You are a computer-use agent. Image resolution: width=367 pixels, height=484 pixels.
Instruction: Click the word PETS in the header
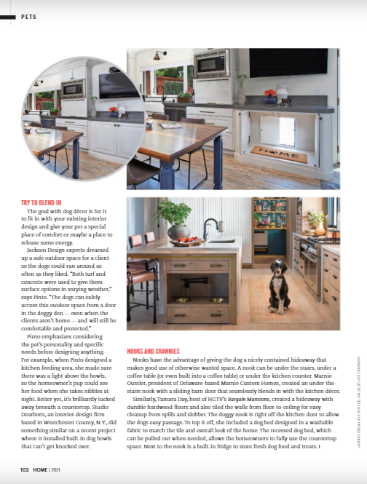click(x=29, y=15)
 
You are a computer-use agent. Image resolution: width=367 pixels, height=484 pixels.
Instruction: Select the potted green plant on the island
click(x=173, y=216)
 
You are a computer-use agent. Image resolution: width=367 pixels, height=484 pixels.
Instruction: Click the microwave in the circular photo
click(x=73, y=89)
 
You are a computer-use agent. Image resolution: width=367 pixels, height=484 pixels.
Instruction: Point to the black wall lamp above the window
click(x=159, y=54)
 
